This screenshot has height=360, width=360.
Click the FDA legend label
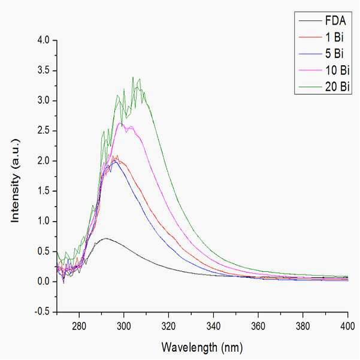(335, 20)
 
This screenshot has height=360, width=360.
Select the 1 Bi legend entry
(334, 37)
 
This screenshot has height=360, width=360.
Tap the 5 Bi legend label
(334, 54)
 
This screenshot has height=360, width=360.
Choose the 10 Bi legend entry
(337, 70)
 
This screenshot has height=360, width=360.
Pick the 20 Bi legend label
(337, 87)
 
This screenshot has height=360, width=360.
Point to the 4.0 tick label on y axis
(43, 40)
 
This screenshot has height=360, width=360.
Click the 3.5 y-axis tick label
(43, 71)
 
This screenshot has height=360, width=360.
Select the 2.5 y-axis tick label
(43, 131)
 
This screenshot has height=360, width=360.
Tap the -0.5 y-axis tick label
(42, 312)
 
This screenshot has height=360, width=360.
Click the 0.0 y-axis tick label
(43, 282)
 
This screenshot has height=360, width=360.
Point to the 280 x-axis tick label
(79, 326)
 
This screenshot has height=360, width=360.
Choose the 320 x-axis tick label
(168, 326)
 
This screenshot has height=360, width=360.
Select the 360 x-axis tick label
(258, 326)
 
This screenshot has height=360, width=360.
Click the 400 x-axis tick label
(347, 326)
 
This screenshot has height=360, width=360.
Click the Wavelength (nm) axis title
(202, 347)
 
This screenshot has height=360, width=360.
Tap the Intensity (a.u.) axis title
(15, 180)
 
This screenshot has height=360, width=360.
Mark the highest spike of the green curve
(133, 77)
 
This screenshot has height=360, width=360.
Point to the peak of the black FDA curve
(105, 238)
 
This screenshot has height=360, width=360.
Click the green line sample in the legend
(310, 87)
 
